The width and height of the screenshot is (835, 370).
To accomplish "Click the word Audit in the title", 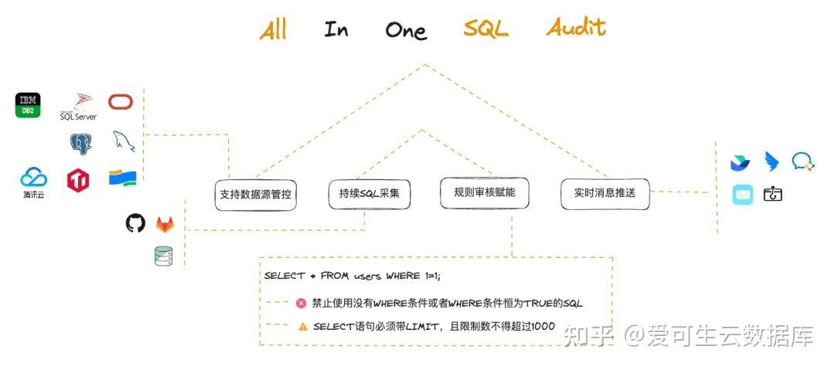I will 576,28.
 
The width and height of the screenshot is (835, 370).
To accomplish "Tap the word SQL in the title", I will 486,29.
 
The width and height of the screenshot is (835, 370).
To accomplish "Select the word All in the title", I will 273,30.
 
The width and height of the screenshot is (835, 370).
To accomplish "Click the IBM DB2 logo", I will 28,105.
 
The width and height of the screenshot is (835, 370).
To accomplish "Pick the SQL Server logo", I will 79,107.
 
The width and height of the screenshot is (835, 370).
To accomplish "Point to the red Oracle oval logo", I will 121,102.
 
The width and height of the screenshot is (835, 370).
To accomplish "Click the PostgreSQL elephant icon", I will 80,143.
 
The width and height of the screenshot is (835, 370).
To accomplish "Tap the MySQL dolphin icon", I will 122,140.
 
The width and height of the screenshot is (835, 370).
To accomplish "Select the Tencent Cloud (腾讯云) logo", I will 33,182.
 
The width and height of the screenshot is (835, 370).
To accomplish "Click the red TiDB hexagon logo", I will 78,180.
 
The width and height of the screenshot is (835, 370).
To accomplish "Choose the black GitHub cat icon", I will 135,223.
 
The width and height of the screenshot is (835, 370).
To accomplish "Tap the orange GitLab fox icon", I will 165,224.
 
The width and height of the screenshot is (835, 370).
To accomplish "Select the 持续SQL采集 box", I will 369,193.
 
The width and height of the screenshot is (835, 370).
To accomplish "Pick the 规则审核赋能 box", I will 484,192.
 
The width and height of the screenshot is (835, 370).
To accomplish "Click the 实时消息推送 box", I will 605,193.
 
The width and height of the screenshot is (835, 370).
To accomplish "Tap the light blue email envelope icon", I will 742,195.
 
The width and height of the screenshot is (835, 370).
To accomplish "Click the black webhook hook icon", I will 772,194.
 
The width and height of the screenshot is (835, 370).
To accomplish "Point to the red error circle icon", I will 302,304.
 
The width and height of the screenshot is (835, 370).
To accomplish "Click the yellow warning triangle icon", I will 302,326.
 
